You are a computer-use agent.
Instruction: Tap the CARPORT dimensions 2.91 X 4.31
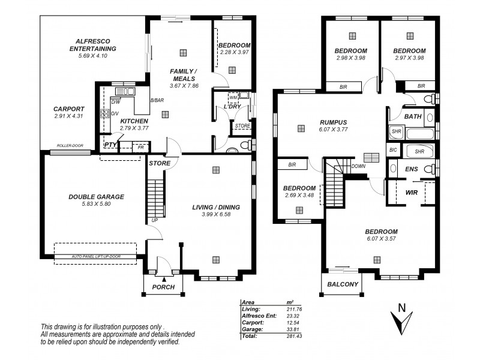(71, 115)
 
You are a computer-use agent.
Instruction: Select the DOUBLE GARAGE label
(96, 196)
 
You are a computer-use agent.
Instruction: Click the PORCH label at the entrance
(163, 287)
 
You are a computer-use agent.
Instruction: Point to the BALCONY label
(343, 284)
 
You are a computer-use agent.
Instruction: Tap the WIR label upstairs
(411, 193)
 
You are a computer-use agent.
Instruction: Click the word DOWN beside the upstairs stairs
(359, 166)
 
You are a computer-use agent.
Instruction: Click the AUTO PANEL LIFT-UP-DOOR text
(95, 256)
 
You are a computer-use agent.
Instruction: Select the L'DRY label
(232, 107)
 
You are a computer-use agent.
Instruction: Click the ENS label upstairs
(412, 170)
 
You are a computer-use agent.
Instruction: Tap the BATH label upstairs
(413, 116)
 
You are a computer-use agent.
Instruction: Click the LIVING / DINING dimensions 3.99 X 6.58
(216, 215)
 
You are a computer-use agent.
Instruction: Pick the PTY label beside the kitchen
(110, 145)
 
